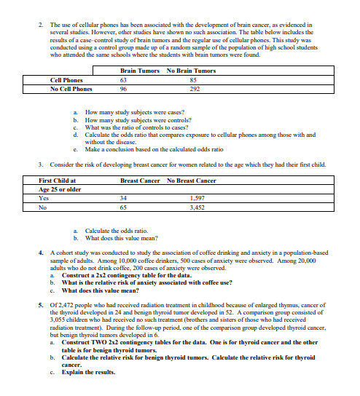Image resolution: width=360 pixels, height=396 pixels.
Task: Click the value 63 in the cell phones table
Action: (x=123, y=80)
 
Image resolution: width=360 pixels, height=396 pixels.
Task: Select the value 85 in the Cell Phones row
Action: (x=192, y=80)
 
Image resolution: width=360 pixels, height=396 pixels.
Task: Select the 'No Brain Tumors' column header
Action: (x=191, y=71)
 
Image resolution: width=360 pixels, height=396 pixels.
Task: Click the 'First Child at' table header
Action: (x=63, y=180)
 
